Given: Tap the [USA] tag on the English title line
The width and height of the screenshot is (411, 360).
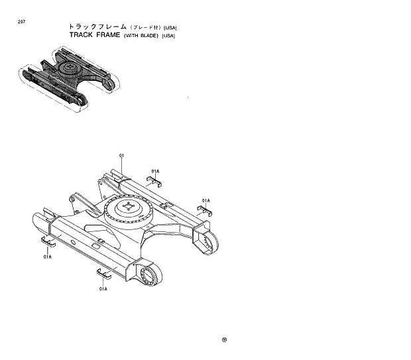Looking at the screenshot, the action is pyautogui.click(x=168, y=35).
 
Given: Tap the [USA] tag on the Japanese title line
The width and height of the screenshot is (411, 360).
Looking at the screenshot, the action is pyautogui.click(x=170, y=27).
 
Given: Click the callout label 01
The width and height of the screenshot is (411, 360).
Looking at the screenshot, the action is pyautogui.click(x=122, y=156).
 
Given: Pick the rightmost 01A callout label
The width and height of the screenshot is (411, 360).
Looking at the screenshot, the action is pyautogui.click(x=206, y=200).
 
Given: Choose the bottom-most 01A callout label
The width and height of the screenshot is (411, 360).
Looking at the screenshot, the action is pyautogui.click(x=103, y=289).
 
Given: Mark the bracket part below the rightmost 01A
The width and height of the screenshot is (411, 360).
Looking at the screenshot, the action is pyautogui.click(x=206, y=211).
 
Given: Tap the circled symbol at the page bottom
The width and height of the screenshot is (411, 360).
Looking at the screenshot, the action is pyautogui.click(x=224, y=341).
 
